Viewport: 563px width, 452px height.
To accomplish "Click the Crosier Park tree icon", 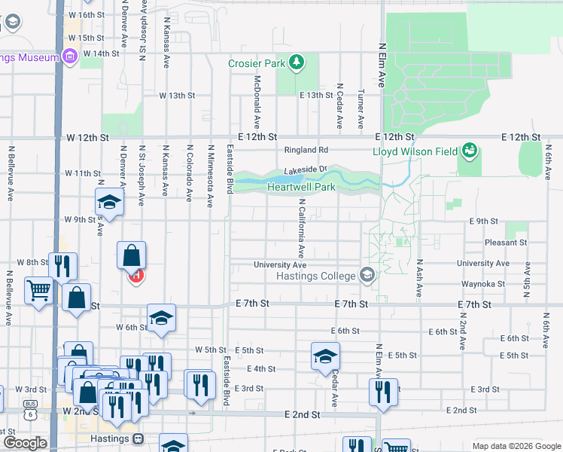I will click(297, 62).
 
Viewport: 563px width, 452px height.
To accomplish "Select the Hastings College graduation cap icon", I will click(367, 275).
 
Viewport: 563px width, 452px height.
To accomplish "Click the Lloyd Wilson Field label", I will click(415, 151).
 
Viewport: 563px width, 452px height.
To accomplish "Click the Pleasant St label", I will click(506, 243).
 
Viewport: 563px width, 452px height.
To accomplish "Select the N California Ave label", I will click(300, 228).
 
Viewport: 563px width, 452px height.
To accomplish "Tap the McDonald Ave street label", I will click(257, 100).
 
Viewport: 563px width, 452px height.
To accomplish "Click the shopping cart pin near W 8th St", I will click(38, 290).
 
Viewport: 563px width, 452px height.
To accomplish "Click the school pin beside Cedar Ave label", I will click(325, 356).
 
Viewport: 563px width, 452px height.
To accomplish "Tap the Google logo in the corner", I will click(25, 442).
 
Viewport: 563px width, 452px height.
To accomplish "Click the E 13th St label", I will click(316, 95).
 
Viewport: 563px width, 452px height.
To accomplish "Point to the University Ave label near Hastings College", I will click(279, 265).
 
